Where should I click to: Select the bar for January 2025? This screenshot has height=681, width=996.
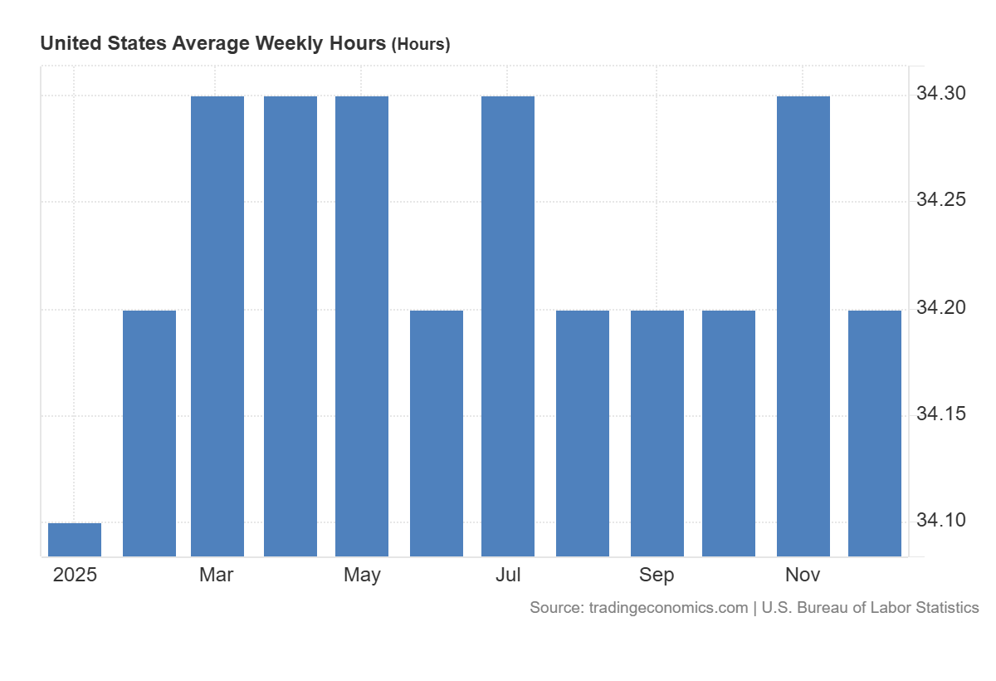(x=75, y=540)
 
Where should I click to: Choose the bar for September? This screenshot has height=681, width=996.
(x=657, y=433)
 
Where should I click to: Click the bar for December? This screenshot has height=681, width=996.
(x=875, y=433)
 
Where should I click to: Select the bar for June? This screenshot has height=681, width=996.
(x=437, y=433)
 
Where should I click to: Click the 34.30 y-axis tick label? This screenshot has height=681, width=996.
(x=940, y=94)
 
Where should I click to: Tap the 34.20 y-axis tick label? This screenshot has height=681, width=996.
(x=940, y=307)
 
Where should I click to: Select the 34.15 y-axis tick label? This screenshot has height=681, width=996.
(x=940, y=414)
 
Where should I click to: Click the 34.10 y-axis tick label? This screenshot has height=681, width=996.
(x=940, y=520)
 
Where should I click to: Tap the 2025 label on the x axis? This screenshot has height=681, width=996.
(x=75, y=575)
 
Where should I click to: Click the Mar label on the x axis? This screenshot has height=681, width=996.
(x=217, y=575)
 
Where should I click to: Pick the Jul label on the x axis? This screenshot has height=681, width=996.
(x=508, y=575)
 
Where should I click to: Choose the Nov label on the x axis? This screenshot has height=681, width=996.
(x=803, y=575)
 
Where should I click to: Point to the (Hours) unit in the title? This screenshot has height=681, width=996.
(x=421, y=45)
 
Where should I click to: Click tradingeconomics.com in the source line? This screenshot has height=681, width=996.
(x=667, y=608)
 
